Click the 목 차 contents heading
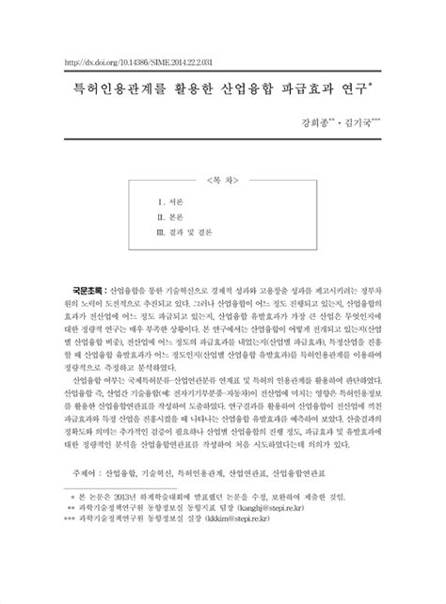coord(222,178)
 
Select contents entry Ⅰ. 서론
coord(171,203)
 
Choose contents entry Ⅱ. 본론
coord(171,216)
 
